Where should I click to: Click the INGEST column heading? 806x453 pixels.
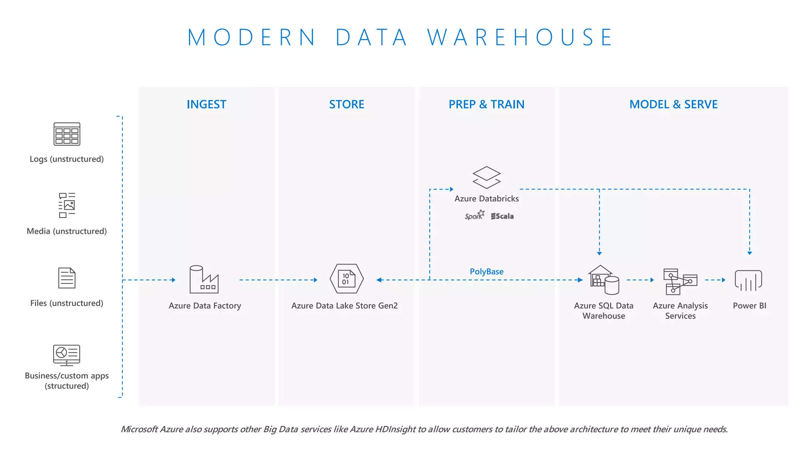(206, 104)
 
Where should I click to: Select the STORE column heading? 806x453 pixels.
(346, 104)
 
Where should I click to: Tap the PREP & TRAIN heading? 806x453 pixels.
(486, 104)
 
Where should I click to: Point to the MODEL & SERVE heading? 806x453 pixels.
(673, 104)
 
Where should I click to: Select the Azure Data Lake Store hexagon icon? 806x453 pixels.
(346, 279)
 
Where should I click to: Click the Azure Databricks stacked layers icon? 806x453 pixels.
(486, 177)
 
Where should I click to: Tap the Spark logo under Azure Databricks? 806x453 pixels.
(474, 215)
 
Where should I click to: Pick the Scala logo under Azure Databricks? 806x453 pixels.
(502, 216)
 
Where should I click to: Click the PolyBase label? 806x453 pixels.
(486, 271)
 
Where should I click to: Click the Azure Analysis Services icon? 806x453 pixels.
(680, 281)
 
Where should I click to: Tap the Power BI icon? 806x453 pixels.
(749, 280)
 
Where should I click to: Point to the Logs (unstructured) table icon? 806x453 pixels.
(67, 134)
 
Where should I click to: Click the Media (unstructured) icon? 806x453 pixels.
(67, 205)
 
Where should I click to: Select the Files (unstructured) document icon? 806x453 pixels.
(67, 278)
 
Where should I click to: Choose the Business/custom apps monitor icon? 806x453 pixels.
(67, 355)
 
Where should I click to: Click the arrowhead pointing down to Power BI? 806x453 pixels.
(750, 253)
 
